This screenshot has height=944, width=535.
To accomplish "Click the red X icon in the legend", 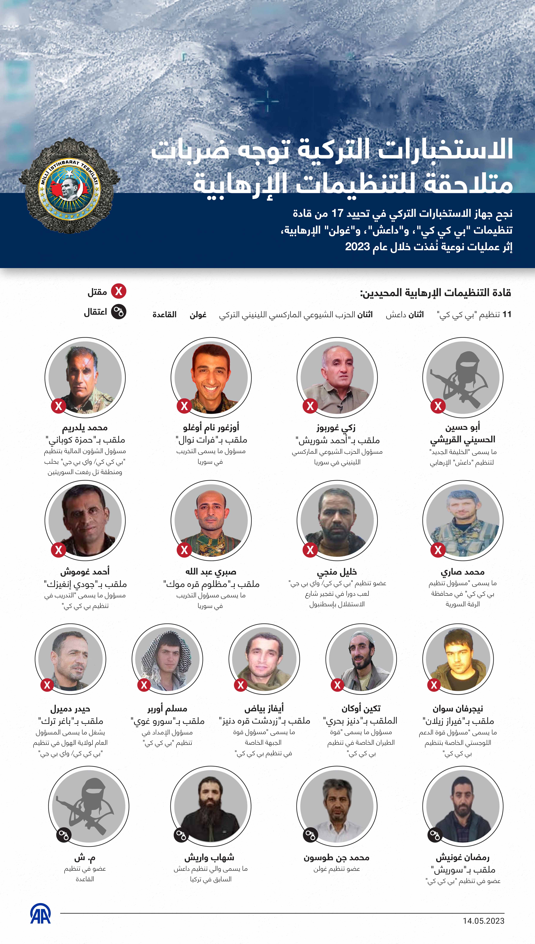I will pos(119,292).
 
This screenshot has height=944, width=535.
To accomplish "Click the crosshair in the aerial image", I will pos(267,101).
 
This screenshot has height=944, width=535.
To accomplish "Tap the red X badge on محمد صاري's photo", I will pos(438,550).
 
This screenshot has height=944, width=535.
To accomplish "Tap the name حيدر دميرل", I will pos(70,709).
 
